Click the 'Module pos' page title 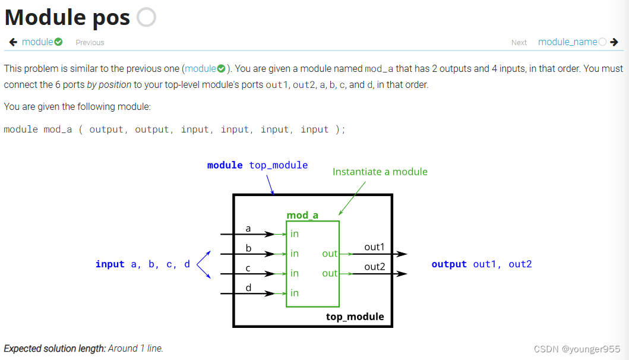click(x=67, y=17)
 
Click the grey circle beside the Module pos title click(x=146, y=17)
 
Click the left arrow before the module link click(x=13, y=42)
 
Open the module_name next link click(x=567, y=42)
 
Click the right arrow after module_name click(x=614, y=42)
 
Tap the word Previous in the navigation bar click(x=90, y=43)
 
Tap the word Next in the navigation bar click(x=519, y=43)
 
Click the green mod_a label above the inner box click(x=302, y=215)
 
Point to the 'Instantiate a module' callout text click(x=380, y=172)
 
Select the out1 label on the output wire click(x=374, y=247)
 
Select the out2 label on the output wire click(x=374, y=267)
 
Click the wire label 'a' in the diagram click(x=248, y=228)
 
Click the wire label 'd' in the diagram click(x=248, y=288)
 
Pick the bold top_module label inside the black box click(x=355, y=317)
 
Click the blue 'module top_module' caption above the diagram click(x=257, y=165)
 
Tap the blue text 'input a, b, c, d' click(x=143, y=264)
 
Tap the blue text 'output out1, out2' click(x=481, y=264)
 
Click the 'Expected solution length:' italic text click(x=55, y=349)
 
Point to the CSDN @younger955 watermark click(x=577, y=349)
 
